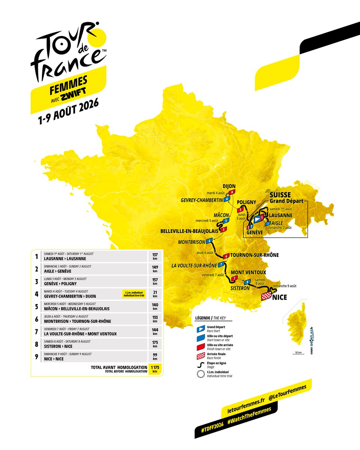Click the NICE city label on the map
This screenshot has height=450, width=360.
tap(280, 297)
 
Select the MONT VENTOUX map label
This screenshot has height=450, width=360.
tap(248, 272)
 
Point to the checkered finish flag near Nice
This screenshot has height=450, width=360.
tap(266, 297)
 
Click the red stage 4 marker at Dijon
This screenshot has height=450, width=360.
tap(232, 192)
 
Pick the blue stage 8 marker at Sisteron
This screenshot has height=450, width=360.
tap(247, 282)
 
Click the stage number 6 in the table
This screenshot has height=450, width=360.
tap(37, 319)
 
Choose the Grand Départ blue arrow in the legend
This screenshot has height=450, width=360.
tap(201, 328)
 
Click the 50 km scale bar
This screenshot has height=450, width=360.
tap(298, 353)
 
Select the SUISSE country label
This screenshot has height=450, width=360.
tap(280, 195)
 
